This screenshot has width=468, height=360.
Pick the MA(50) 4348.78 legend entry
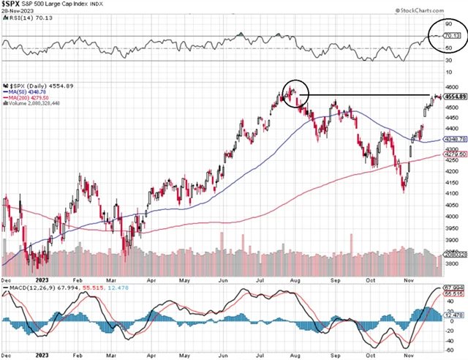[29, 92]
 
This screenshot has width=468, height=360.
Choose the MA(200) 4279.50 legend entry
[30, 99]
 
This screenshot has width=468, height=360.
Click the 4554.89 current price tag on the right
[454, 97]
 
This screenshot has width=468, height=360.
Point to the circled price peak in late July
[290, 92]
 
